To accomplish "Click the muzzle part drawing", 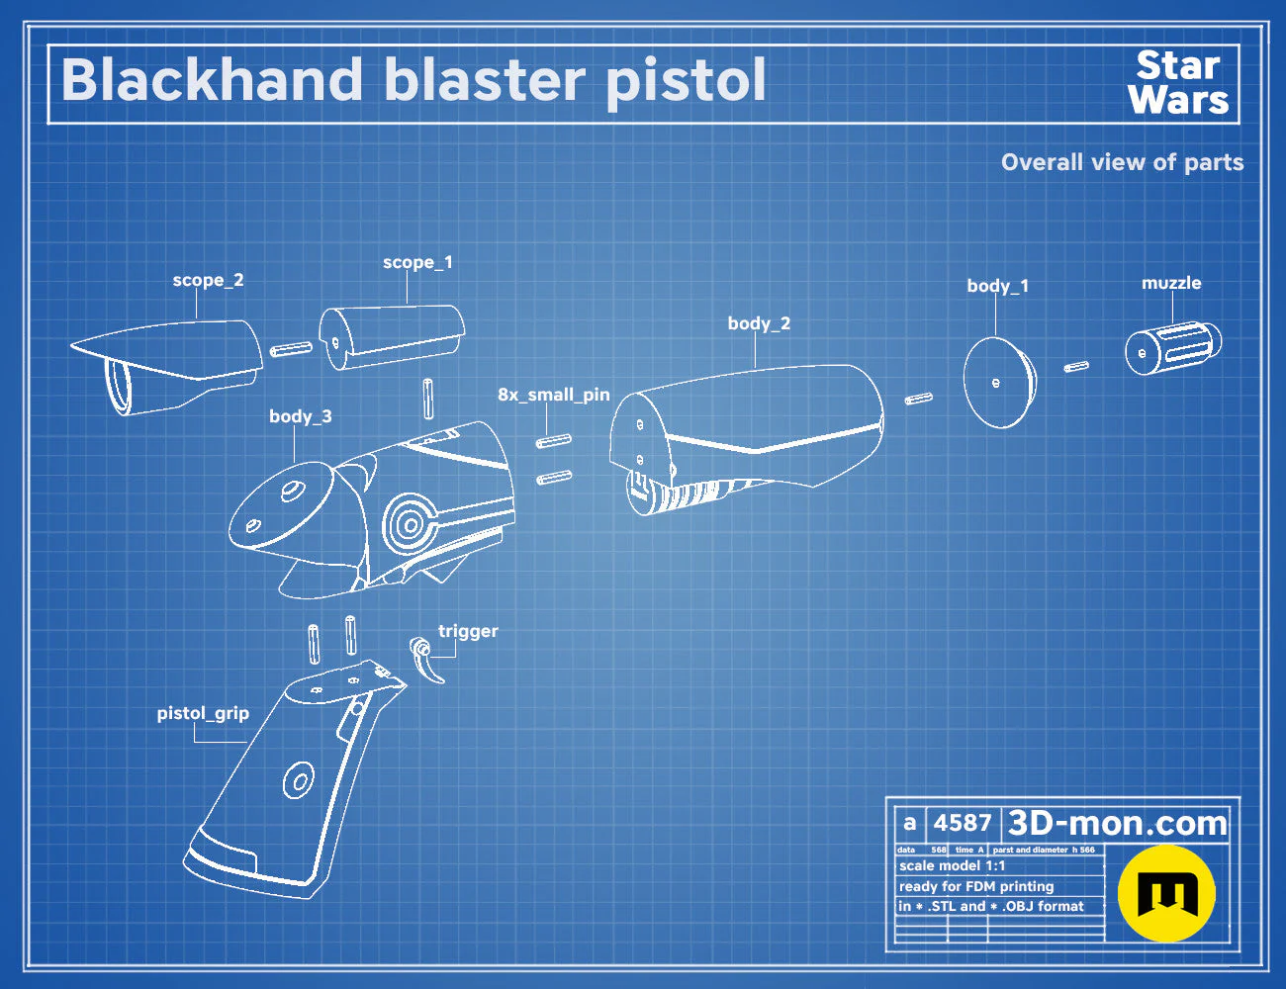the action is tap(1172, 348).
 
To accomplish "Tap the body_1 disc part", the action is tap(999, 383).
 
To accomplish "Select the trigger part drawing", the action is tap(426, 659).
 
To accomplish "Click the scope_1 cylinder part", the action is tap(392, 336).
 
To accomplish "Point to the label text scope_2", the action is tap(208, 280).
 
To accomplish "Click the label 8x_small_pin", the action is tap(553, 395).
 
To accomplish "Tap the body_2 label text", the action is tap(759, 323).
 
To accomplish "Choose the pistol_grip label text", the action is tap(203, 713).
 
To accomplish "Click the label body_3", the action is tap(301, 416).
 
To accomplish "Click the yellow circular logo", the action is tap(1166, 893).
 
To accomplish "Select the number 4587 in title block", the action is tap(962, 823).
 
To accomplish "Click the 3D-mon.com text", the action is tap(1117, 823).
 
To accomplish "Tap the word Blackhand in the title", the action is tap(212, 79).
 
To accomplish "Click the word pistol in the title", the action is tap(686, 82).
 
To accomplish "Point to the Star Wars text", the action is tap(1178, 82).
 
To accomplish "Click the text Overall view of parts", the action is tap(1122, 162).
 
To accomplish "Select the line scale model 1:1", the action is tap(953, 866).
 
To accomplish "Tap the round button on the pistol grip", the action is tap(299, 780).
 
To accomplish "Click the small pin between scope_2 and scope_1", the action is tap(291, 349).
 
